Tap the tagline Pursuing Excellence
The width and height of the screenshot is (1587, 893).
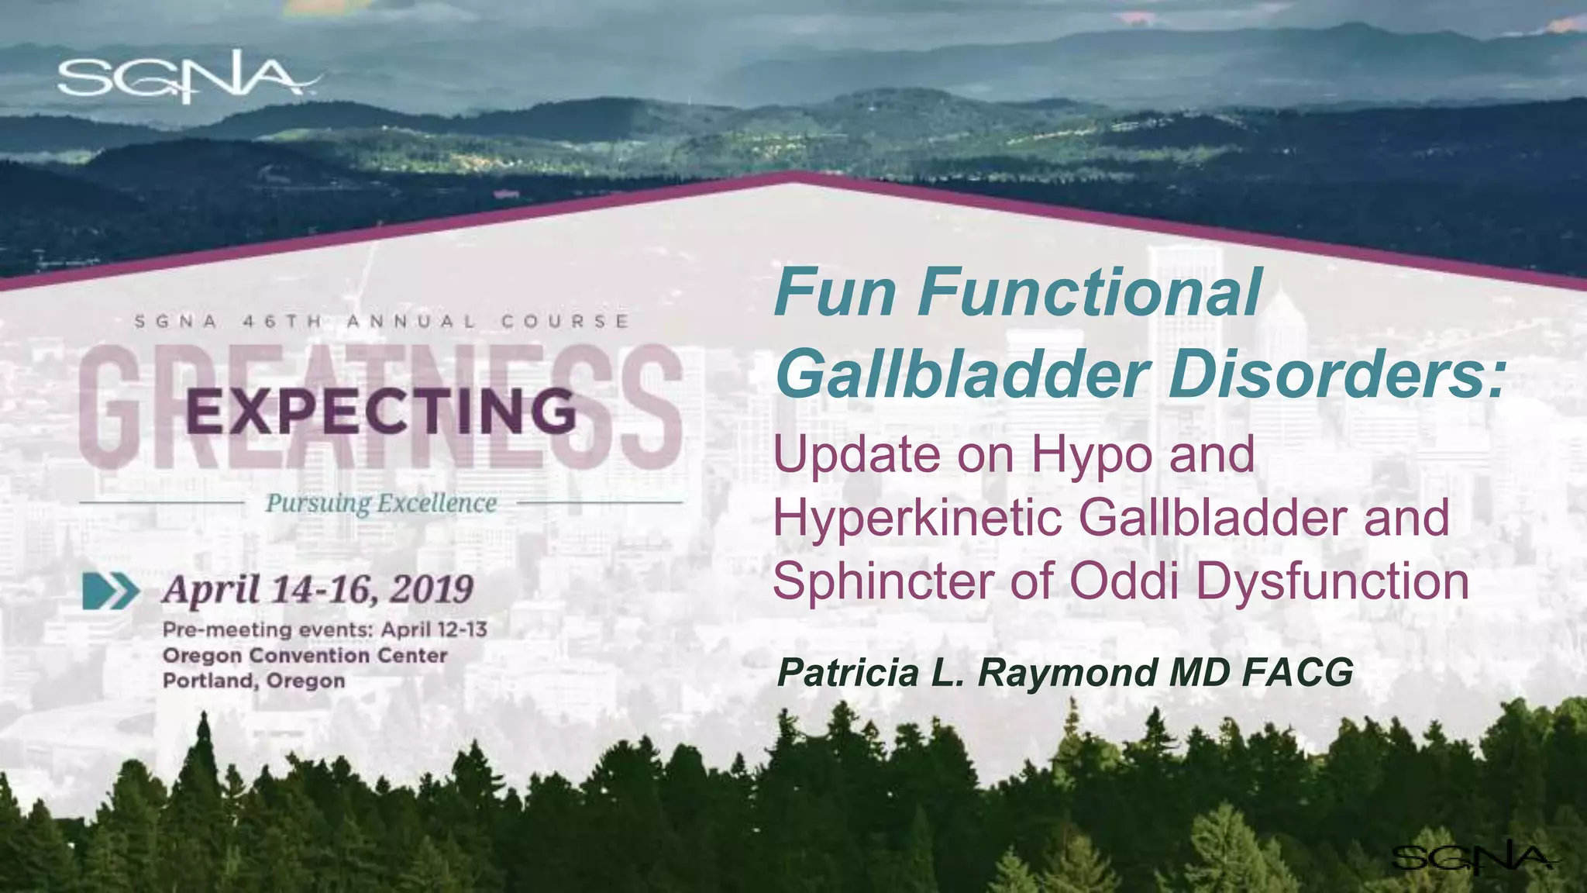380,503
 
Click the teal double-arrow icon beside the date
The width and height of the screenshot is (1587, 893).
111,591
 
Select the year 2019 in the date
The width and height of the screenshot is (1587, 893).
431,590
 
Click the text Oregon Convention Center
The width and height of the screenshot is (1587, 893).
305,656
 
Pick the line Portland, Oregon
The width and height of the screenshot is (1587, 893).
253,681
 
